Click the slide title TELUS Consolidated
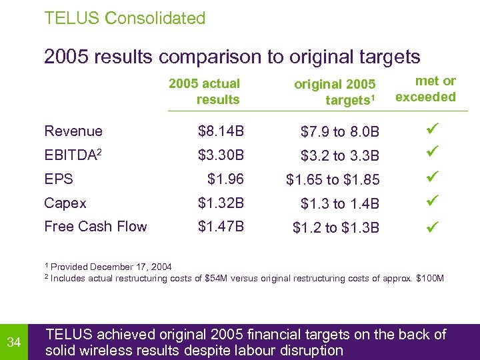click(125, 18)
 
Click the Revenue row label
click(73, 131)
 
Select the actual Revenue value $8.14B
click(221, 131)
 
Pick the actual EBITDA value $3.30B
click(221, 155)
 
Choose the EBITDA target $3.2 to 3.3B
click(340, 157)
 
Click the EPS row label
click(59, 179)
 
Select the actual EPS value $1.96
click(226, 179)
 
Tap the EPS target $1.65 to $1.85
click(333, 180)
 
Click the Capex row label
click(65, 203)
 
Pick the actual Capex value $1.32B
click(221, 203)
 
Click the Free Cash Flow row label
click(95, 227)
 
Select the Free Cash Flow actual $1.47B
click(221, 227)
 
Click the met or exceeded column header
click(426, 89)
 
